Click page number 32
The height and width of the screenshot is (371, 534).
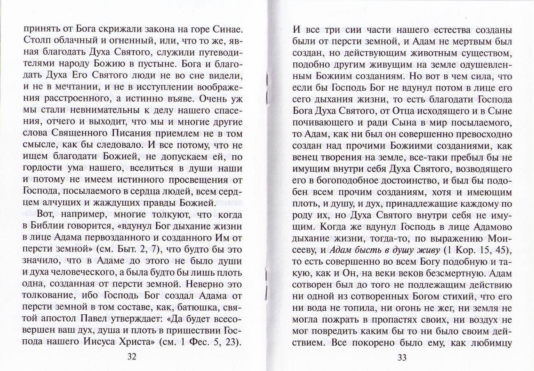[132, 356]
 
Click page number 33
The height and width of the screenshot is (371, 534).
[402, 357]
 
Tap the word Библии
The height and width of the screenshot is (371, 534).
[48, 226]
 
